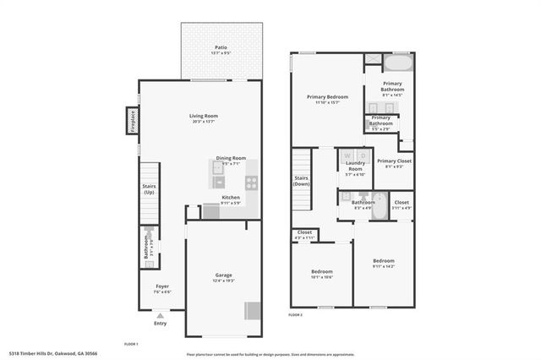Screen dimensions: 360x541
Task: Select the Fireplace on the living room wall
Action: pos(133,122)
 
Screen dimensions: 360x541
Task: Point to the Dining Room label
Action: pos(230,158)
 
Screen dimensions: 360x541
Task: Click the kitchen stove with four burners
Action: pos(251,181)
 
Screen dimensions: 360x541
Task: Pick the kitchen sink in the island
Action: pos(218,180)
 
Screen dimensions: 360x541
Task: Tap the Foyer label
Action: pos(161,286)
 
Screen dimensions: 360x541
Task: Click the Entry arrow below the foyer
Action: pos(161,314)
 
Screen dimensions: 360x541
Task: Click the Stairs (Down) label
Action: pos(302,180)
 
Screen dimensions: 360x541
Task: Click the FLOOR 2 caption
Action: pos(295,314)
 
